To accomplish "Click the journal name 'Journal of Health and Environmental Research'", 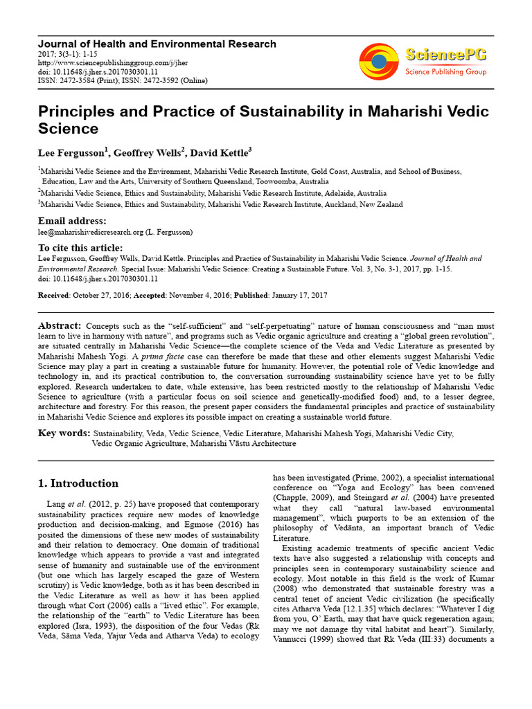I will click(x=157, y=44).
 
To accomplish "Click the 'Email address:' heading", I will click(x=72, y=221).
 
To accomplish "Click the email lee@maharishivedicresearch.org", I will click(x=90, y=232).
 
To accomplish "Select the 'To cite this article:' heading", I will click(x=80, y=248).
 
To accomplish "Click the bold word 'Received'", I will click(x=53, y=295).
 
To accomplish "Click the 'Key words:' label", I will click(x=63, y=433).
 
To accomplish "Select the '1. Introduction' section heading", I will click(x=78, y=483).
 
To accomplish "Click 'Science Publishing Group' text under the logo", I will click(x=445, y=72).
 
